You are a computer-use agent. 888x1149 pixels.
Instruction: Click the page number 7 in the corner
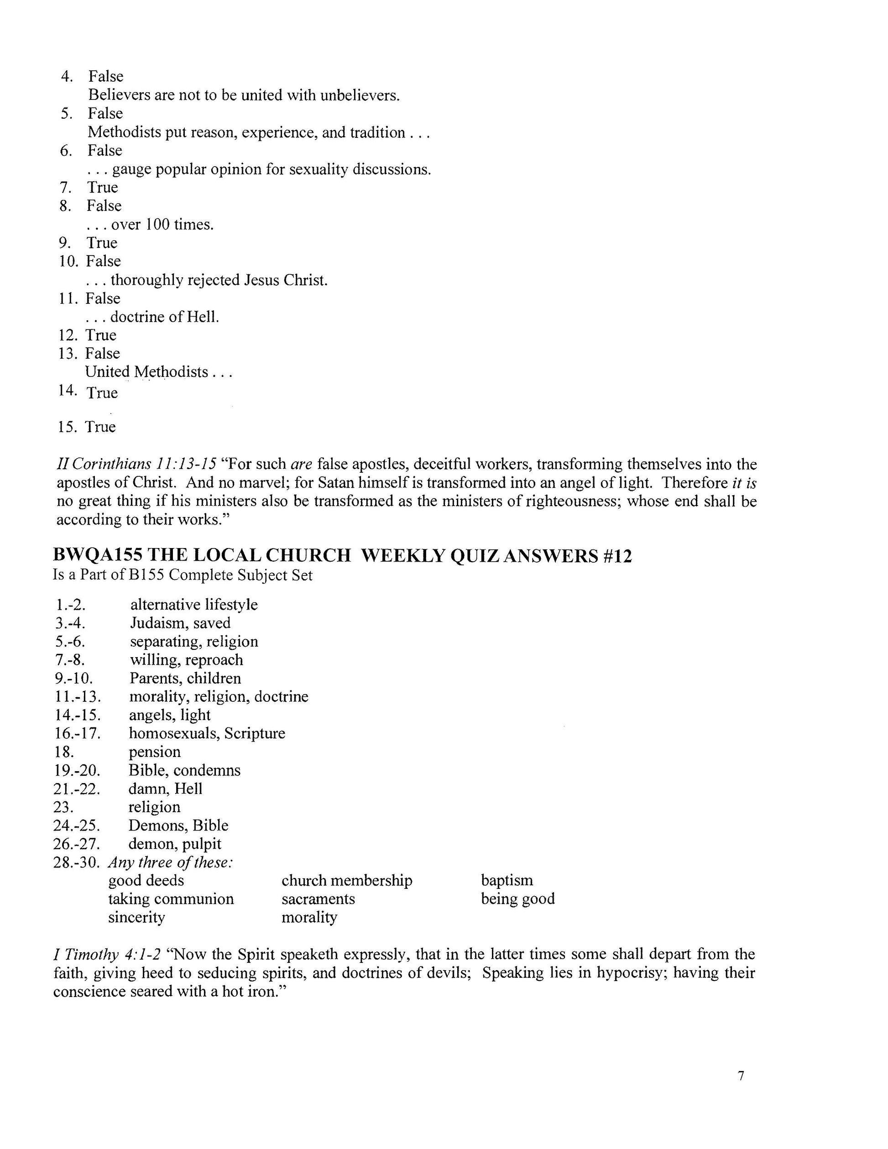(741, 1076)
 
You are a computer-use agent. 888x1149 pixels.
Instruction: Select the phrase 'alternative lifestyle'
(194, 605)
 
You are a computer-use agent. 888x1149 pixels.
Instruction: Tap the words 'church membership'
(347, 880)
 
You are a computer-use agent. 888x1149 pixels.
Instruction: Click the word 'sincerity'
(137, 917)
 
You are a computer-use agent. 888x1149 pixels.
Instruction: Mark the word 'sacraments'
(318, 898)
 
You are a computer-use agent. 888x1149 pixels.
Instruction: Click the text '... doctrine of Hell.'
(152, 317)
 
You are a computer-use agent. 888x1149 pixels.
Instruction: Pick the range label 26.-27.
(77, 843)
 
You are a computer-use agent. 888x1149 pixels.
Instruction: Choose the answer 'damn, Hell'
(165, 788)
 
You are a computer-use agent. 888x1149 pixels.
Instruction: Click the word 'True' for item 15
(101, 427)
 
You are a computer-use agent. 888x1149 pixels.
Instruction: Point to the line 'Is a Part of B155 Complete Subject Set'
(183, 575)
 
